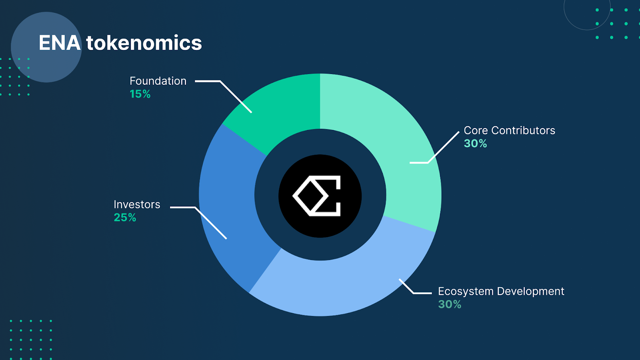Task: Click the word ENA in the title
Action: [60, 43]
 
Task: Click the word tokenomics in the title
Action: [144, 43]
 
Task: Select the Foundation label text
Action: [158, 81]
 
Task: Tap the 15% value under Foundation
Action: [140, 94]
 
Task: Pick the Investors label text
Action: [137, 204]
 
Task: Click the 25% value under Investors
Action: [125, 218]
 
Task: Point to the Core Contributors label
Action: [510, 130]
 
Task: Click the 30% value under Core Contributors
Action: [475, 144]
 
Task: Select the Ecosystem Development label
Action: [501, 292]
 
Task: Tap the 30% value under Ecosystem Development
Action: [450, 304]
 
